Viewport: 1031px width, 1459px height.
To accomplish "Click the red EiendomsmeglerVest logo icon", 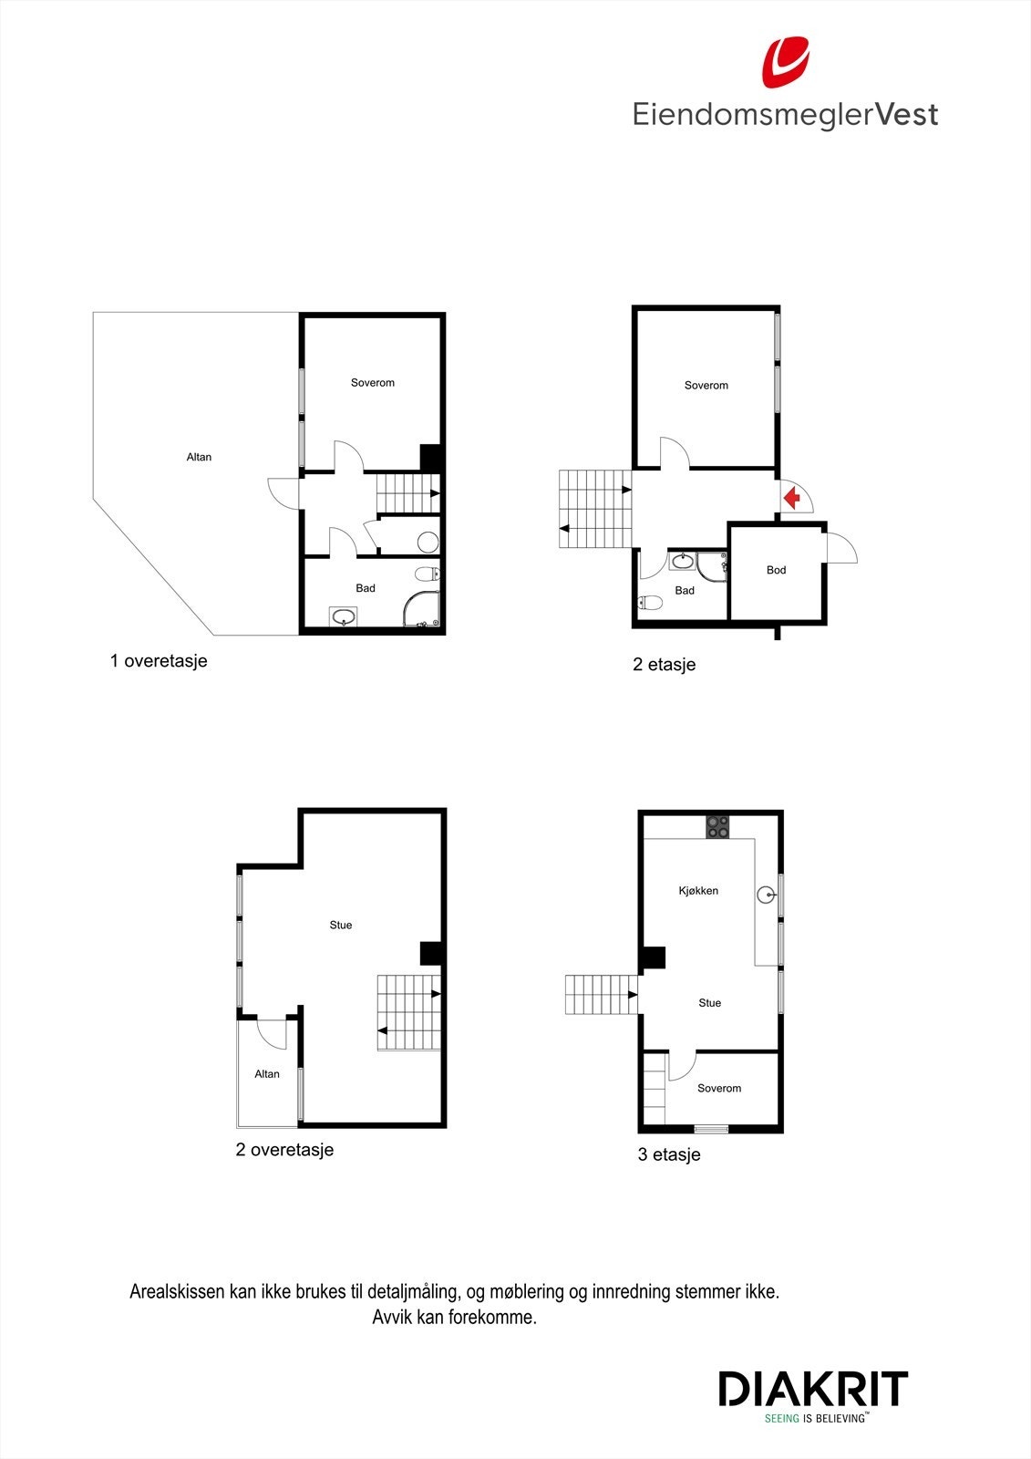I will [x=786, y=62].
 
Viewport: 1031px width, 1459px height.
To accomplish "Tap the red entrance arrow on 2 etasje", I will [x=791, y=498].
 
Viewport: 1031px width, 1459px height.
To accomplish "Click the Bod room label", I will [x=776, y=570].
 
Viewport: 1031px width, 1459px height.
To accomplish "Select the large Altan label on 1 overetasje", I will [x=199, y=457].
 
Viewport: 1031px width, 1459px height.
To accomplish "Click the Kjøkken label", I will [x=698, y=891].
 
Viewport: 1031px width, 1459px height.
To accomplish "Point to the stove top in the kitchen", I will [x=717, y=826].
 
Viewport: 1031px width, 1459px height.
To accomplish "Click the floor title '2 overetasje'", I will [x=284, y=1150].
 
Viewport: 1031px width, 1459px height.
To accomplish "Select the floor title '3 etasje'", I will [x=669, y=1154].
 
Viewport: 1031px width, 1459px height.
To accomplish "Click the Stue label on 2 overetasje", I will [x=340, y=925].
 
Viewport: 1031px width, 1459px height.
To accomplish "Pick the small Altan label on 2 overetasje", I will [x=267, y=1074].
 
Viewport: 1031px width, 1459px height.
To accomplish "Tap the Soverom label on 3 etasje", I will [x=719, y=1088].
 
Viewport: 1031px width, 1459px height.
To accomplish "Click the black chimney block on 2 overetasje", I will [x=431, y=953].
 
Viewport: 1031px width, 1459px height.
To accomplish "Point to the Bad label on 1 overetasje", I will [x=366, y=588].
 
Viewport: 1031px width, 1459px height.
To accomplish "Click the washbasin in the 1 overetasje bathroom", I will [x=344, y=617].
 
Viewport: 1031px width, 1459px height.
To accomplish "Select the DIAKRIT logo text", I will [x=813, y=1389].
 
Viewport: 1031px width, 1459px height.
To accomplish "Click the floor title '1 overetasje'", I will [x=159, y=661].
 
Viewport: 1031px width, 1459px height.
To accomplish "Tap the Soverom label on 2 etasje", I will [x=706, y=386].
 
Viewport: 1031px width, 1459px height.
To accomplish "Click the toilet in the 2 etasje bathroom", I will [x=650, y=602].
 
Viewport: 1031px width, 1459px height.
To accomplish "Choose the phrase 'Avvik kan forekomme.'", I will [x=454, y=1318].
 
